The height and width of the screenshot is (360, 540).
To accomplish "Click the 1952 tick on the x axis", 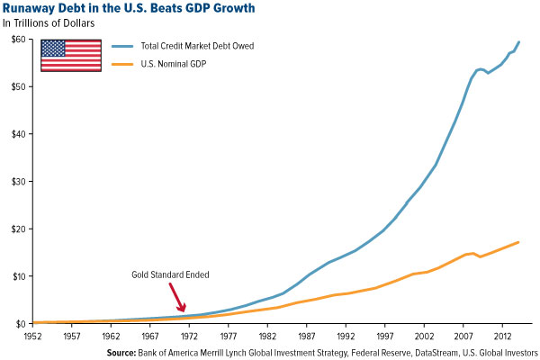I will (33, 336).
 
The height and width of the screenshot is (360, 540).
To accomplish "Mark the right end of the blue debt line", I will (518, 42).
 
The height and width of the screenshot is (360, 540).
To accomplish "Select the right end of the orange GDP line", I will (518, 242).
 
